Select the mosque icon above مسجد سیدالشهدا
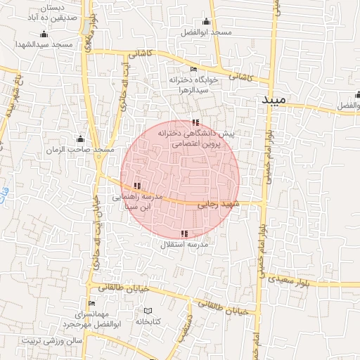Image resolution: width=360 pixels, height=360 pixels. click(x=44, y=34)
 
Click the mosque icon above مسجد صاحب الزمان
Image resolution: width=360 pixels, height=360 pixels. click(x=80, y=139)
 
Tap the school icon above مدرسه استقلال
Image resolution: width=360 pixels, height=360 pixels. click(x=184, y=233)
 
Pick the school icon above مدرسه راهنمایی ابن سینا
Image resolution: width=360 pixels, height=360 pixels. click(x=136, y=186)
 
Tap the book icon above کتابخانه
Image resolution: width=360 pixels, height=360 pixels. click(x=148, y=310)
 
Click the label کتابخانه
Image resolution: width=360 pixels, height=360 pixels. click(x=148, y=321)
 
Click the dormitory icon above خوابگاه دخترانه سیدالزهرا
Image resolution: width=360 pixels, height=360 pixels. click(x=194, y=69)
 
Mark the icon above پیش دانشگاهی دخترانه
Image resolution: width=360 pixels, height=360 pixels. click(x=195, y=122)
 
